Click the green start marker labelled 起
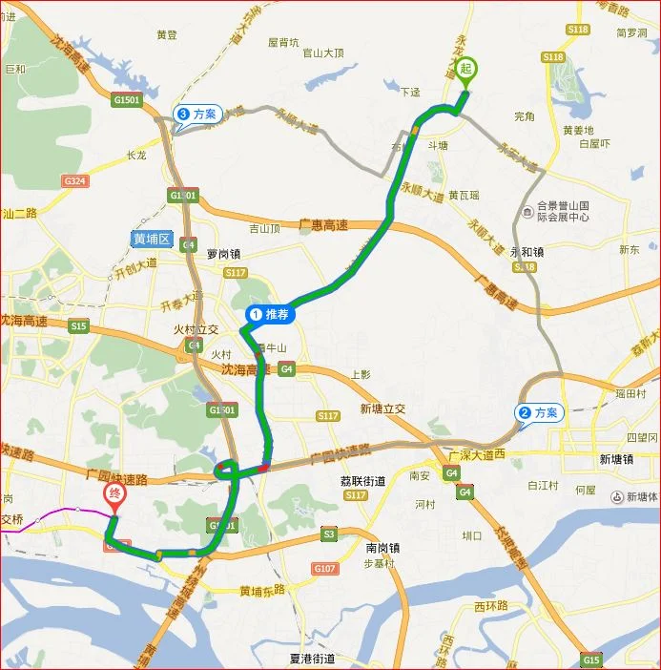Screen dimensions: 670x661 point(465,70)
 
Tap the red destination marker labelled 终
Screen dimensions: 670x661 point(114,494)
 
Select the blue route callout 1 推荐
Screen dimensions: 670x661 point(269,313)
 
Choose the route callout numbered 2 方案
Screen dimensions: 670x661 point(539,413)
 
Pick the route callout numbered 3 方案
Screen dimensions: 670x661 point(197,115)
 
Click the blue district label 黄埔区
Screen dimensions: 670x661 point(152,238)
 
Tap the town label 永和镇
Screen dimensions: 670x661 point(526,253)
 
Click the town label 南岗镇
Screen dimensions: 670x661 point(382,548)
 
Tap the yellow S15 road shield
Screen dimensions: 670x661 point(78,326)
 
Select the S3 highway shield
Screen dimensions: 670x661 point(328,534)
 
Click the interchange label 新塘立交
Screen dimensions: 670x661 point(382,408)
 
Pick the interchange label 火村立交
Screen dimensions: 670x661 point(195,329)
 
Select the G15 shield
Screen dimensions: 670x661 point(591,660)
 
